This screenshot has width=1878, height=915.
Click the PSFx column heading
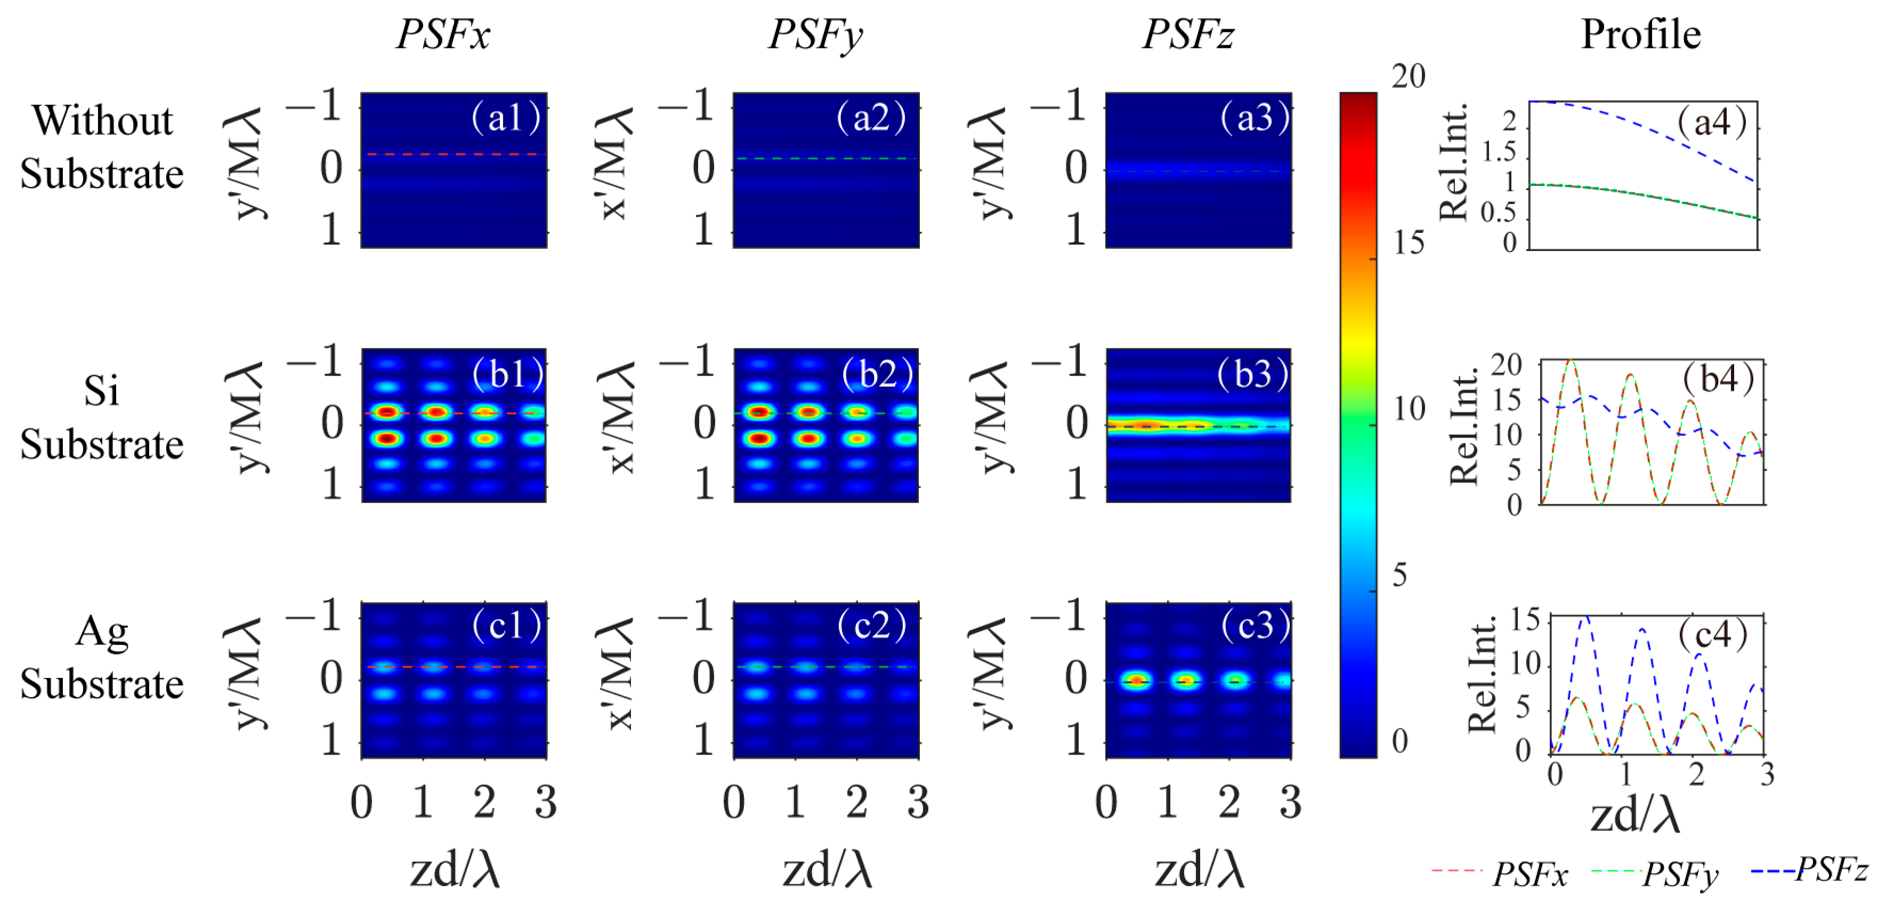tap(442, 34)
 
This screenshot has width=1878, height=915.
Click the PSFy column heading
tap(815, 34)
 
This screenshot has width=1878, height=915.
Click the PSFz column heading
tap(1187, 34)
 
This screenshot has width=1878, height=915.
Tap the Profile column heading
tap(1640, 34)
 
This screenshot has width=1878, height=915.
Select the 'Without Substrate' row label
tap(102, 147)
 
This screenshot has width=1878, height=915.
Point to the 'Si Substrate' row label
tap(102, 417)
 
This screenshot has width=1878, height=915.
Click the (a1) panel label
tap(506, 117)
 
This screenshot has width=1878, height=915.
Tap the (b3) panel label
tap(1252, 374)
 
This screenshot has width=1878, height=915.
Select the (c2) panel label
tap(872, 625)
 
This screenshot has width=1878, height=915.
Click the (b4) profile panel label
tap(1718, 378)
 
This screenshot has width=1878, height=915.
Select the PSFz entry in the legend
tap(1831, 869)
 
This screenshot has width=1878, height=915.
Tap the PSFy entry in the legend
tap(1680, 874)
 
